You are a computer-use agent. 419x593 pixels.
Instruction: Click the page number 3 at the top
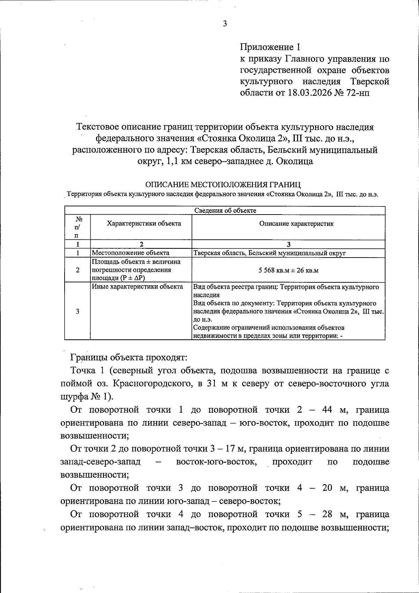click(225, 24)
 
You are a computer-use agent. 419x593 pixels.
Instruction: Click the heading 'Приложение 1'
click(270, 47)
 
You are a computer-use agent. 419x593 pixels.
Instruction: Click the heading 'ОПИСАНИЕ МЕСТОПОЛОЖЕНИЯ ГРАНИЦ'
click(223, 184)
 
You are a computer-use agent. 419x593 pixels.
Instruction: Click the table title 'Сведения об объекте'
click(225, 210)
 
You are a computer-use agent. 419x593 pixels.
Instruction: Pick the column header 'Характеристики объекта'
click(144, 223)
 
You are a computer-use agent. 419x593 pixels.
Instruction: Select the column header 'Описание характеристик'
click(296, 224)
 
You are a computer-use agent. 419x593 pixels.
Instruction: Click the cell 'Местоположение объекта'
click(131, 253)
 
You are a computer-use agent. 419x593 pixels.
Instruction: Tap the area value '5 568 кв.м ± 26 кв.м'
click(289, 270)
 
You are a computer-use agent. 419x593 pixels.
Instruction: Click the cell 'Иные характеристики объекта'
click(137, 287)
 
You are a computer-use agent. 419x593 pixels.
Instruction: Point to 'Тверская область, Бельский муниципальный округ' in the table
click(269, 253)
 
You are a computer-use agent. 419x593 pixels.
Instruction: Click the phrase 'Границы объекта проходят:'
click(129, 357)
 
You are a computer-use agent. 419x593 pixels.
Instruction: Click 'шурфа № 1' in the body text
click(85, 397)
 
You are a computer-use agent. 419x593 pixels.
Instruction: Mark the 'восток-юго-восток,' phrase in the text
click(217, 462)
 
